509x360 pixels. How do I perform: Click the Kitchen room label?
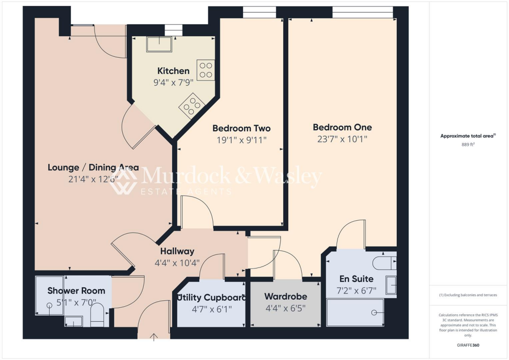pos(173,71)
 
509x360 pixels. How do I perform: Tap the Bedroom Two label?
pos(242,128)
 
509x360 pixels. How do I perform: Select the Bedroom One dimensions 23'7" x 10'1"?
pos(342,139)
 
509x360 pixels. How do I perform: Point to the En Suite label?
pos(356,279)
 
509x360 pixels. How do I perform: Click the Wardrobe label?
pos(285,296)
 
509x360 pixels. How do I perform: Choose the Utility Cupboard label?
pos(212,298)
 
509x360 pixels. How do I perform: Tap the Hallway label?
pos(177,251)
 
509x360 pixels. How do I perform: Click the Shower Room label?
pos(76,290)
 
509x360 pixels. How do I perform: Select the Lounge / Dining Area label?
pos(93,168)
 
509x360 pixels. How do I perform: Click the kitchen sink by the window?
pos(159,44)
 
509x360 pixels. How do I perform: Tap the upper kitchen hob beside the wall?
pos(205,70)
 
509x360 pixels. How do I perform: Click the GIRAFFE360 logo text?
pos(469,345)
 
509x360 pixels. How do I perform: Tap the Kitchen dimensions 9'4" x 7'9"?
pos(173,82)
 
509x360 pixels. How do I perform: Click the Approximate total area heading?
pos(468,136)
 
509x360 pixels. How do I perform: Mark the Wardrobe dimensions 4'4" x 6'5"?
pos(285,308)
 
